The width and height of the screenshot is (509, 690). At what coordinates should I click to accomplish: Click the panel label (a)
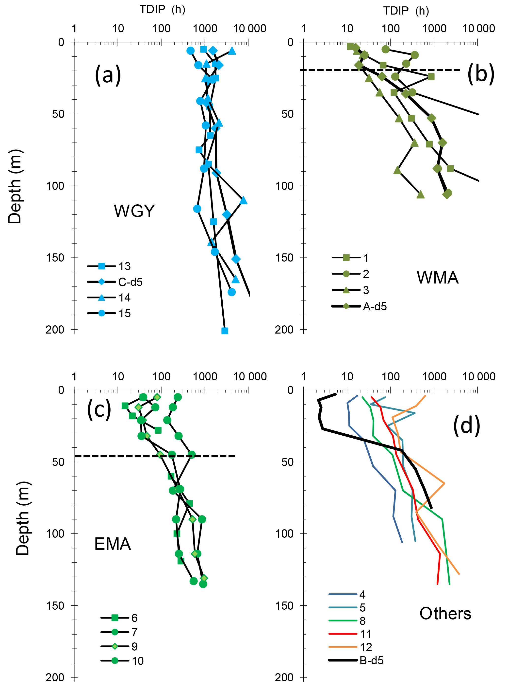click(x=108, y=75)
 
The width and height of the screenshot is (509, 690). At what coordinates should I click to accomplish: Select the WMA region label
click(x=438, y=278)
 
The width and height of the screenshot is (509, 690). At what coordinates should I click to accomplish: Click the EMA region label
click(x=113, y=544)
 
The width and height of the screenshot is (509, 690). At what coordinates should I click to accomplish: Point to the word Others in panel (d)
click(x=445, y=614)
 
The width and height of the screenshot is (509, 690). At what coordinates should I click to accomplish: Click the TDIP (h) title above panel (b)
click(x=406, y=11)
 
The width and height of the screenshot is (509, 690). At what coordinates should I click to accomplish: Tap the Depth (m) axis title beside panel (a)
click(x=15, y=186)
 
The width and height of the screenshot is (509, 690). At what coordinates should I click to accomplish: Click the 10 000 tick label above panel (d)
click(x=478, y=377)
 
